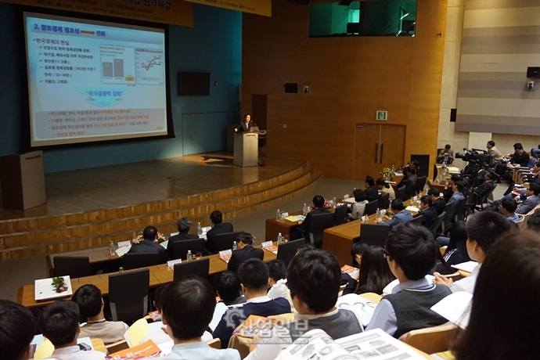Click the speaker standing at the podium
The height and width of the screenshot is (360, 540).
(247, 123)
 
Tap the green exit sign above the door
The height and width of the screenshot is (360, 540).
(381, 115)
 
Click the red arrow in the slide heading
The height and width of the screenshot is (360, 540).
(87, 34)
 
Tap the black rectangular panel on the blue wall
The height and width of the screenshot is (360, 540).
(193, 83)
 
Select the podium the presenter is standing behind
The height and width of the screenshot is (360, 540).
(246, 148)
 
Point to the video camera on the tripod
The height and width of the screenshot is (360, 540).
(474, 156)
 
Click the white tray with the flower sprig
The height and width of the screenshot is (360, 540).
(53, 287)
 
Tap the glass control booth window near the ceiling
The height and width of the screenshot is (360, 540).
(362, 19)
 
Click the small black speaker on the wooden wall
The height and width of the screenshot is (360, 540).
(290, 88)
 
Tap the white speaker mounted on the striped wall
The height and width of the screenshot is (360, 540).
(532, 72)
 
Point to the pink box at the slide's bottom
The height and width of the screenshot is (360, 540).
(98, 124)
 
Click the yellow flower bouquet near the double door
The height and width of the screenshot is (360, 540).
(387, 171)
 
